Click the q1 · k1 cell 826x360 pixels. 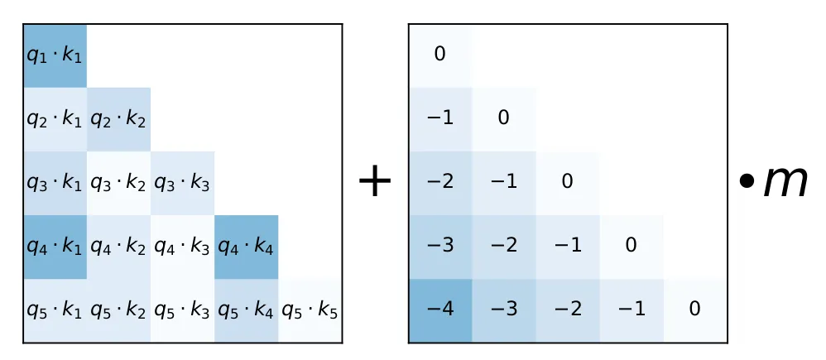[x=55, y=55]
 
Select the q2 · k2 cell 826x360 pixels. [x=118, y=119]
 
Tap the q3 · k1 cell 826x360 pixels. [x=55, y=183]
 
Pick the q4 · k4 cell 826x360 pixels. [x=246, y=247]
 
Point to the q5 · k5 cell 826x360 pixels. [x=310, y=310]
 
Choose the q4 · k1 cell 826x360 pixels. [x=55, y=247]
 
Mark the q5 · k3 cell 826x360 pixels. [x=182, y=310]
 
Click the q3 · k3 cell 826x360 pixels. [x=182, y=183]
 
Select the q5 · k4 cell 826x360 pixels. [x=246, y=310]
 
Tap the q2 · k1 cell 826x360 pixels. [x=55, y=119]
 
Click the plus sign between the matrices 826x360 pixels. [x=374, y=182]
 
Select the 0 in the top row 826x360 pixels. [x=439, y=55]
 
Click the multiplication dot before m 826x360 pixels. [x=747, y=183]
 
